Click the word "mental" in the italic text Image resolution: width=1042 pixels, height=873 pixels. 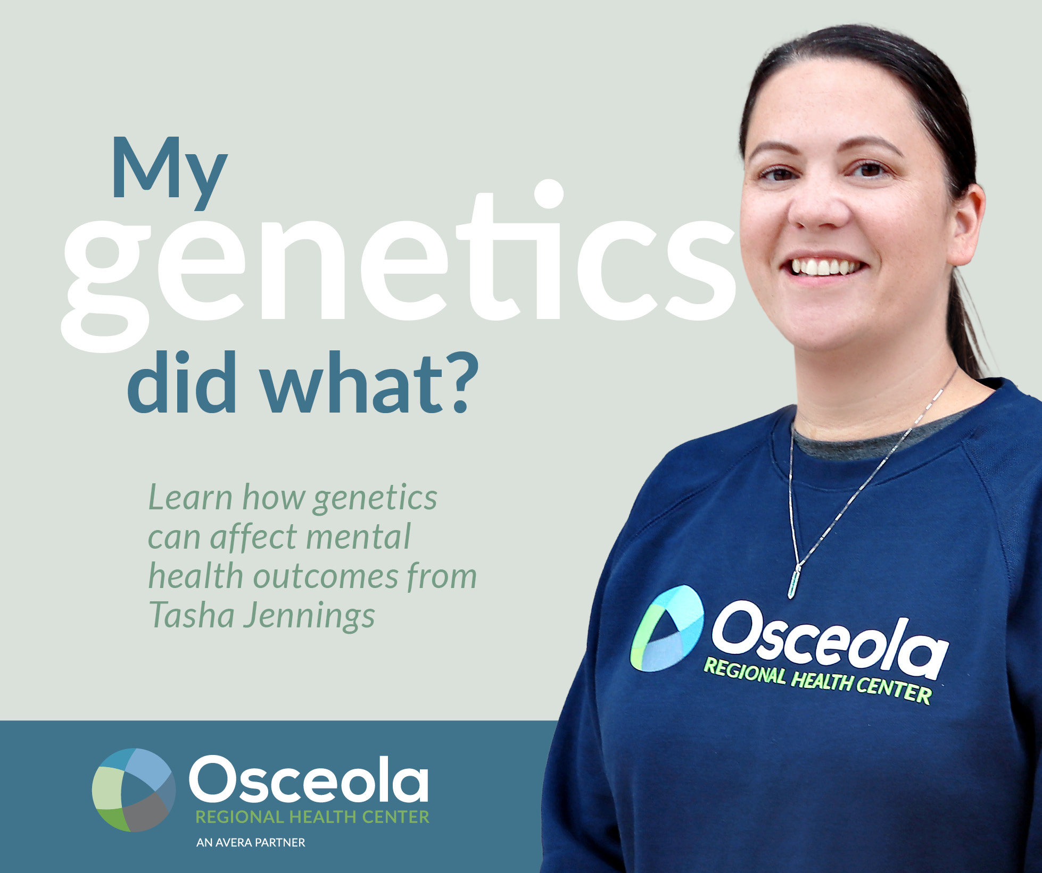[x=358, y=536]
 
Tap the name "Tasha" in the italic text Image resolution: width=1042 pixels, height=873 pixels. [x=191, y=616]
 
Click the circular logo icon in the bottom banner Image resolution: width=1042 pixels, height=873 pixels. [x=134, y=790]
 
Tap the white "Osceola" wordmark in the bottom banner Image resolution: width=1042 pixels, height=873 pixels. [x=309, y=778]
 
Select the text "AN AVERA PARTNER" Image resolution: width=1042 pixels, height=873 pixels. [x=251, y=843]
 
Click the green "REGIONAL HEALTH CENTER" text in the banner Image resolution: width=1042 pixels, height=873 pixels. [x=312, y=817]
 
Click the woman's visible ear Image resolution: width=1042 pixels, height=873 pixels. [x=964, y=223]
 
